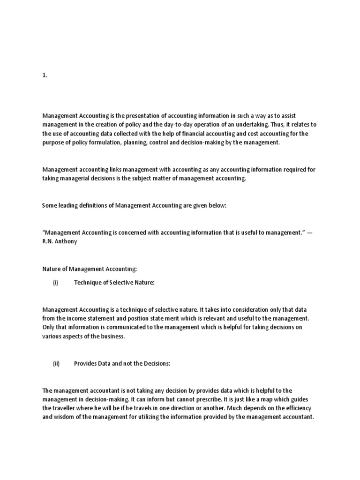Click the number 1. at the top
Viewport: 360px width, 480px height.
click(x=45, y=77)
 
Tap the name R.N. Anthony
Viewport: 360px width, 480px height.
click(x=60, y=242)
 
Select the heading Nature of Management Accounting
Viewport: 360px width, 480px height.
click(x=90, y=269)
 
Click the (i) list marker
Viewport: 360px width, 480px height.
click(x=55, y=283)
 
